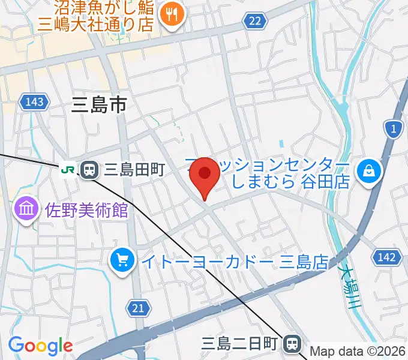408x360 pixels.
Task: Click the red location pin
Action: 205,175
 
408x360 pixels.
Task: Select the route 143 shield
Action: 35,102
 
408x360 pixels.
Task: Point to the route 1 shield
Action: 393,129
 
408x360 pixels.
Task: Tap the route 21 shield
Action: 139,308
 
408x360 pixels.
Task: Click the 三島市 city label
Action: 99,106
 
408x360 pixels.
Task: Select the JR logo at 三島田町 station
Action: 68,170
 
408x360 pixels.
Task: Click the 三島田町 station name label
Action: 134,170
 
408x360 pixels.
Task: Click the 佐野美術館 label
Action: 86,210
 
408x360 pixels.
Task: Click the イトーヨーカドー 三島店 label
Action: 235,262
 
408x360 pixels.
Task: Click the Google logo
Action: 40,346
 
